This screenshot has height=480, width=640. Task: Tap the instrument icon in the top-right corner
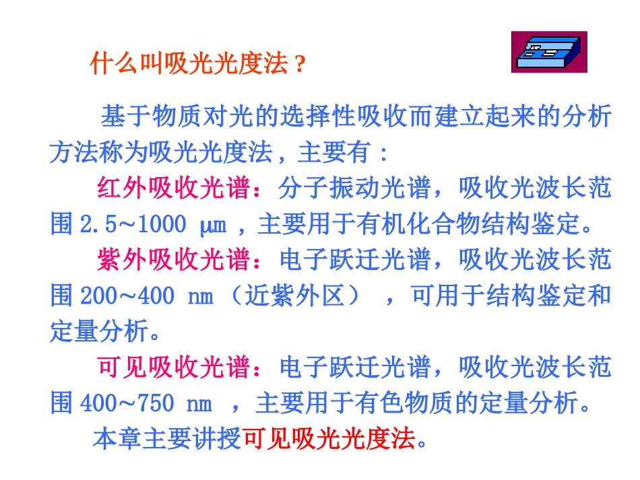click(548, 51)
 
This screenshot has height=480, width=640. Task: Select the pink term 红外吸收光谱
click(173, 188)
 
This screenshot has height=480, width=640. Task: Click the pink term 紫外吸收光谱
click(173, 260)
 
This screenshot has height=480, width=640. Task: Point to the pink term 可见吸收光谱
click(173, 368)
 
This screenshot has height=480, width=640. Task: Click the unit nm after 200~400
click(197, 296)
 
